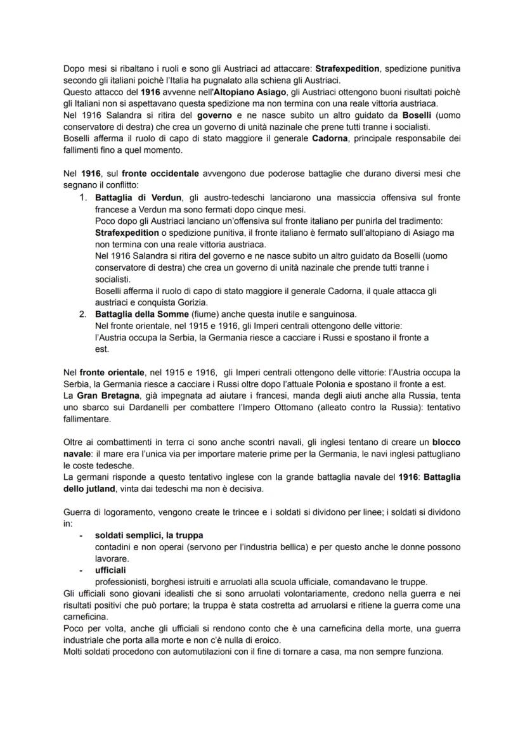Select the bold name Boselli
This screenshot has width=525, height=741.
pyautogui.click(x=401, y=116)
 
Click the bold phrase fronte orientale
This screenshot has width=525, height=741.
pyautogui.click(x=106, y=372)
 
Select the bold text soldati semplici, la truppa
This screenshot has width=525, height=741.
pyautogui.click(x=149, y=535)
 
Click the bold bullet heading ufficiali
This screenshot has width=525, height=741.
pyautogui.click(x=110, y=570)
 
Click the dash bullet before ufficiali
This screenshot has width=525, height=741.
pyautogui.click(x=81, y=570)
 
